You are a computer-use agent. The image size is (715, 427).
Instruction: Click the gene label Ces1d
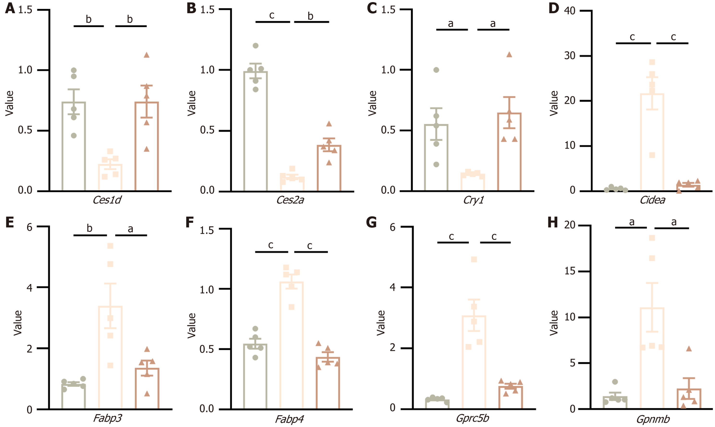[107, 200]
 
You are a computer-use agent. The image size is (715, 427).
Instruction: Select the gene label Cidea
[653, 200]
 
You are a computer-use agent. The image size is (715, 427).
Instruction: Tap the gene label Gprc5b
[472, 418]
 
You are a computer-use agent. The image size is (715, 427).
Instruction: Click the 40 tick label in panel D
[570, 11]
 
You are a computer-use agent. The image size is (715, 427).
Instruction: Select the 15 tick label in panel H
[570, 271]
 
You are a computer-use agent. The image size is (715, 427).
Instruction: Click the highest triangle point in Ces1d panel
[147, 55]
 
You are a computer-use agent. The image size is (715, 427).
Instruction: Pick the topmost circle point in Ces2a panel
[255, 45]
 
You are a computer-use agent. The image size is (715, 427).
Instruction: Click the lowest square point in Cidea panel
[652, 155]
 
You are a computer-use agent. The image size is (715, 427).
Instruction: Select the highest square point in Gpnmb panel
[652, 238]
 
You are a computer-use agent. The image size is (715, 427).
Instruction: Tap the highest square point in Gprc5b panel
[474, 259]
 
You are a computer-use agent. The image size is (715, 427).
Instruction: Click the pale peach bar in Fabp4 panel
[291, 345]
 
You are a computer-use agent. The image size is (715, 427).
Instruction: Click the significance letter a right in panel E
[130, 229]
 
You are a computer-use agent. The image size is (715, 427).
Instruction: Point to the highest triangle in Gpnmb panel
[689, 349]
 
